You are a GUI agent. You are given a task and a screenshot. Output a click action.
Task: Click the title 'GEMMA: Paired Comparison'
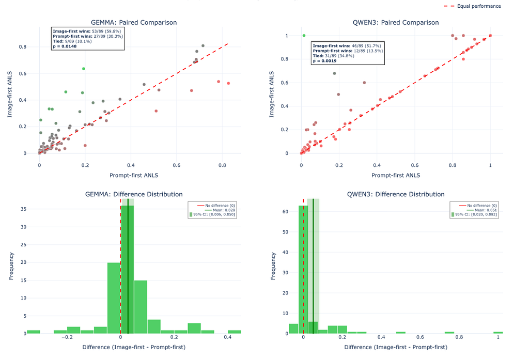134,22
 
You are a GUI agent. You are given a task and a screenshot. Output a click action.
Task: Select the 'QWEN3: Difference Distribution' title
396,194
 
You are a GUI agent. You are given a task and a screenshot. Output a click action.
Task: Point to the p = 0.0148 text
65,46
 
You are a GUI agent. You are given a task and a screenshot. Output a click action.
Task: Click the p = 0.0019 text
324,61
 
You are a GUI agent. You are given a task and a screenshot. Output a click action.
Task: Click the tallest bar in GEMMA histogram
127,270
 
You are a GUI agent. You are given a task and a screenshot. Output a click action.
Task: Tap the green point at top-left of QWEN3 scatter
304,36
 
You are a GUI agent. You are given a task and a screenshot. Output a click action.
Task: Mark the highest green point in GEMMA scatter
84,69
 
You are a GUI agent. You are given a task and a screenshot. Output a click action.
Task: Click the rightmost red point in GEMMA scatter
228,83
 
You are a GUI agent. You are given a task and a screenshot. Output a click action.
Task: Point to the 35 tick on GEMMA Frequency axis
23,209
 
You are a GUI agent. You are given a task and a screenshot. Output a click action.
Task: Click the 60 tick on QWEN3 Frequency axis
285,212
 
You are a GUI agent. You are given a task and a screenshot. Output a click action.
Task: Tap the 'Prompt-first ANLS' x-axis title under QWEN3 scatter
396,175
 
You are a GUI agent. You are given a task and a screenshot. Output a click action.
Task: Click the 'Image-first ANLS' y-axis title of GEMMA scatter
10,94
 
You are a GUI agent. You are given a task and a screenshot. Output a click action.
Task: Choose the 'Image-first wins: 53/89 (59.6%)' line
87,31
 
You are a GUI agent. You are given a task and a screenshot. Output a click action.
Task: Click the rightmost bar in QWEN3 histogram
498,333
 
